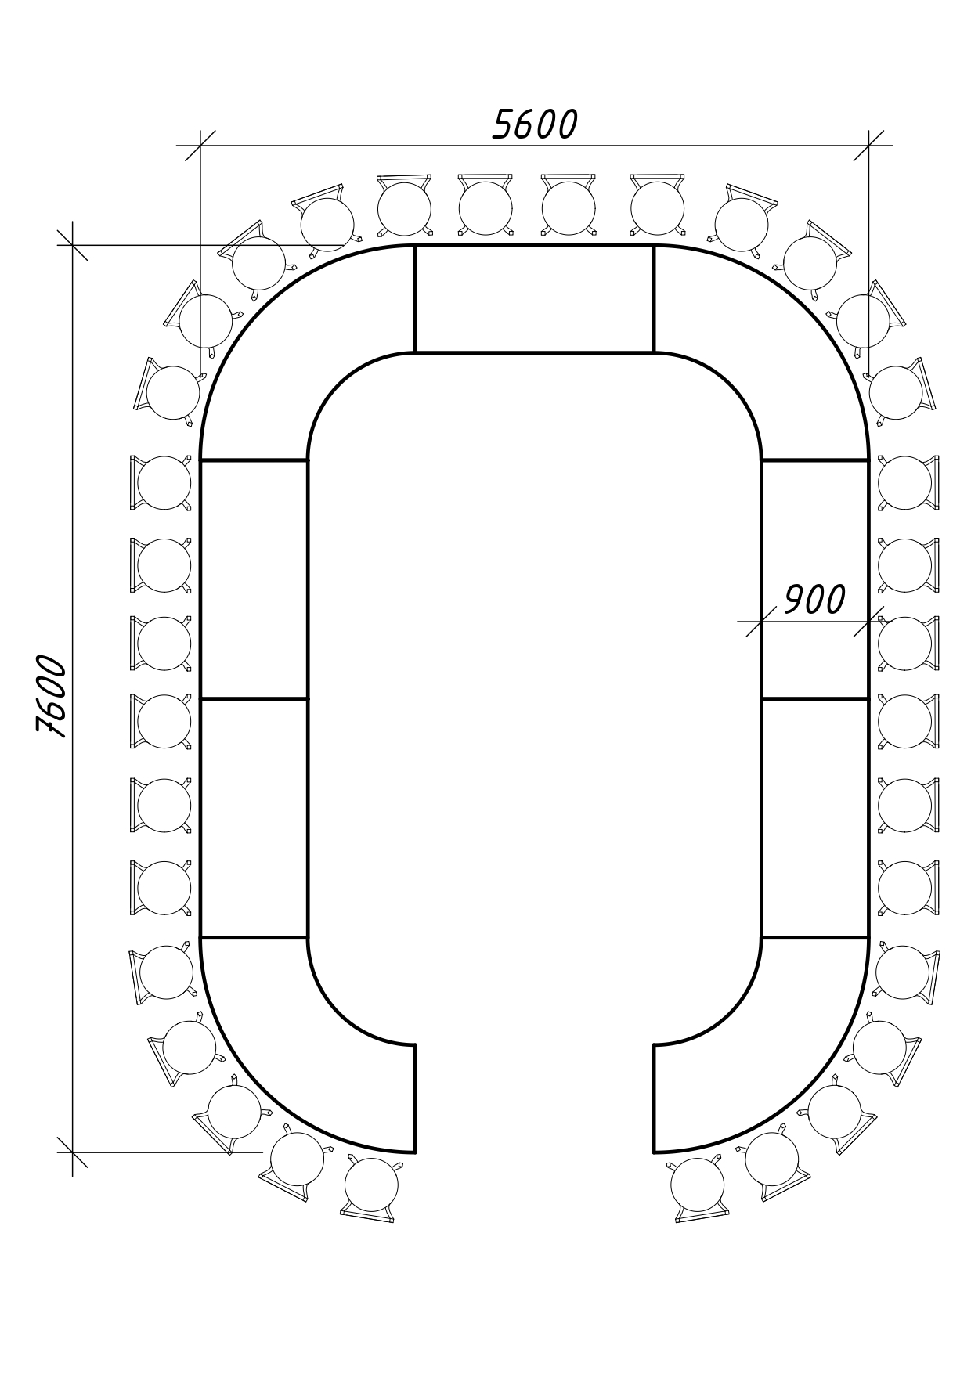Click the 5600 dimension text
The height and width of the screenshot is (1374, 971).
coord(535,124)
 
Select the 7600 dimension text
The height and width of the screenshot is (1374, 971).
coord(52,696)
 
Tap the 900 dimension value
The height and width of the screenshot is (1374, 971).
coord(814,600)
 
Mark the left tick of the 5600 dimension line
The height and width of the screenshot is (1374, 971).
coord(200,146)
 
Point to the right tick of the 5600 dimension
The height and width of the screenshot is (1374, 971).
coord(869,146)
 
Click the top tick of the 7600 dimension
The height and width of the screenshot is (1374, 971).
coord(73,245)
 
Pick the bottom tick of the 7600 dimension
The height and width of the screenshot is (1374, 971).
coord(73,1152)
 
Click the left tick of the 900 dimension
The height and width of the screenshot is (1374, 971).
coord(761,622)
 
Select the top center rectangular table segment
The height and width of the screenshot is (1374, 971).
coord(535,299)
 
